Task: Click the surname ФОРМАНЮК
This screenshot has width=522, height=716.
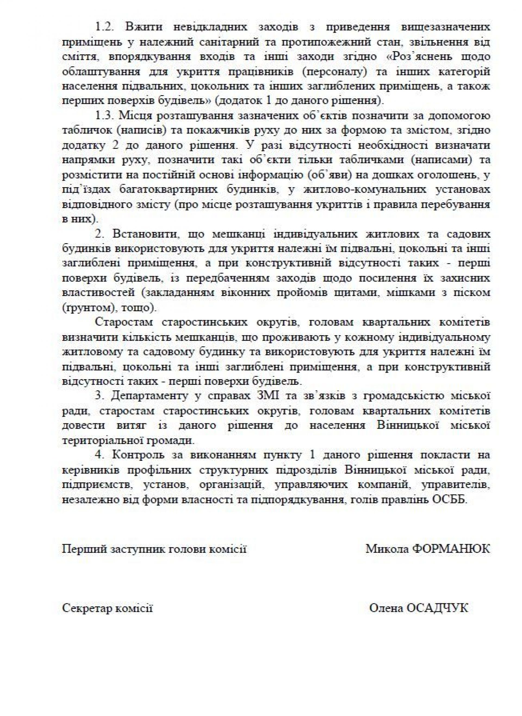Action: coord(452,548)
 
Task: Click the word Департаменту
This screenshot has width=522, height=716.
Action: coord(146,396)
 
